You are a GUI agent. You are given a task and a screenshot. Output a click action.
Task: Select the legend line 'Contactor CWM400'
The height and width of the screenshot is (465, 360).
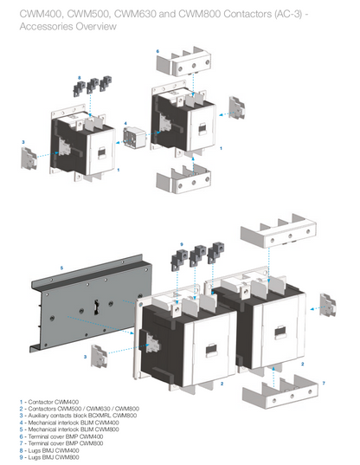pyautogui.click(x=47, y=402)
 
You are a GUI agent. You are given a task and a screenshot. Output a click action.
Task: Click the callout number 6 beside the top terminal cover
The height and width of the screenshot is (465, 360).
pyautogui.click(x=157, y=51)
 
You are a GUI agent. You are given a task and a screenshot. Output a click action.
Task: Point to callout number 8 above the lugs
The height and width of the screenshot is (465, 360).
pyautogui.click(x=80, y=78)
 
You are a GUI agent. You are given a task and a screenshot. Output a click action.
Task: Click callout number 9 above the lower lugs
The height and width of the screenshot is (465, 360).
pyautogui.click(x=181, y=243)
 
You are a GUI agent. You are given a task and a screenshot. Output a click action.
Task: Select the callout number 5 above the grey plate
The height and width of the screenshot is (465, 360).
pyautogui.click(x=61, y=268)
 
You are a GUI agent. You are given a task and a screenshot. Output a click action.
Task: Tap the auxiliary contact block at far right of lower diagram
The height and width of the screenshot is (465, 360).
pyautogui.click(x=328, y=304)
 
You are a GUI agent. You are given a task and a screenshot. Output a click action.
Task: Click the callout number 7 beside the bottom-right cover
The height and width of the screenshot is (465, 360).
pyautogui.click(x=324, y=382)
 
